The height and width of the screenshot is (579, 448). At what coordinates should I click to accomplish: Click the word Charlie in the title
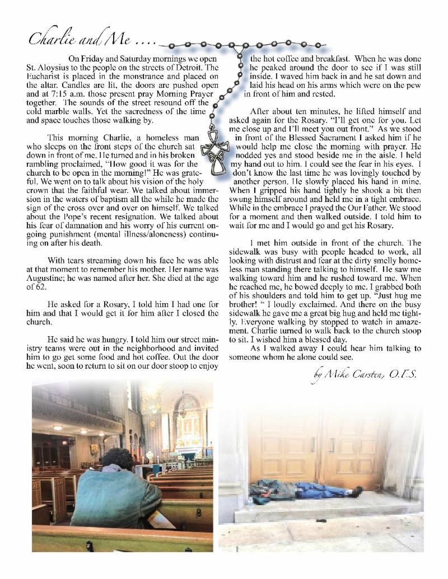(52, 40)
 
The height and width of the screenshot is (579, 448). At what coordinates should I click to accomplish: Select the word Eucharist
(52, 76)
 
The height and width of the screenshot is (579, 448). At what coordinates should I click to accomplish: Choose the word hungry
(101, 331)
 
